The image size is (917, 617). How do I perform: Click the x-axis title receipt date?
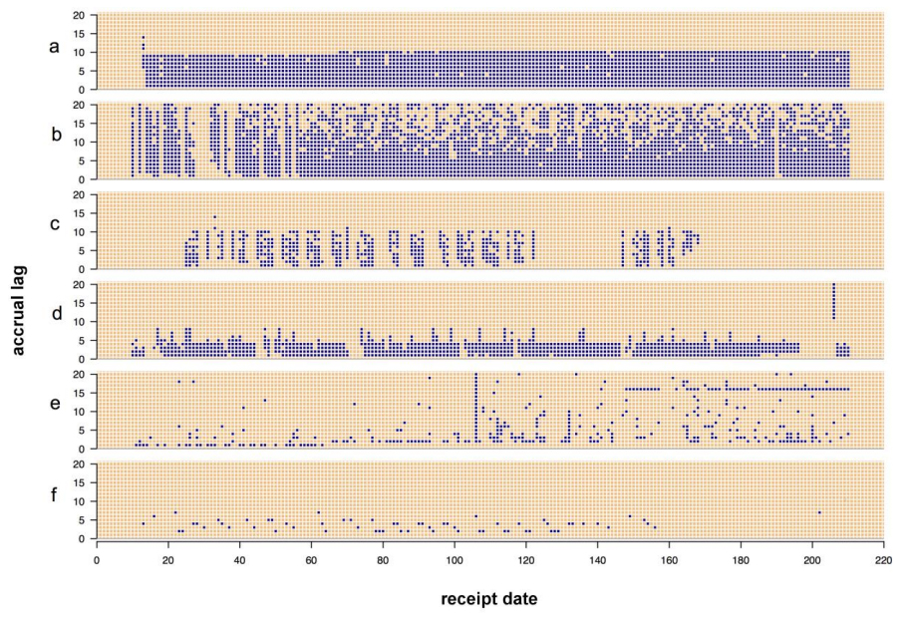pyautogui.click(x=489, y=599)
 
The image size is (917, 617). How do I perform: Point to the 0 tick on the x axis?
pyautogui.click(x=97, y=558)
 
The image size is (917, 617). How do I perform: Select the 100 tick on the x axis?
pyautogui.click(x=455, y=558)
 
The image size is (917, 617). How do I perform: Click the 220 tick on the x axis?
pyautogui.click(x=884, y=558)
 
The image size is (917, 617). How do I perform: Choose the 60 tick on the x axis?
pyautogui.click(x=311, y=558)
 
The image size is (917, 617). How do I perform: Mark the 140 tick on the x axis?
pyautogui.click(x=598, y=558)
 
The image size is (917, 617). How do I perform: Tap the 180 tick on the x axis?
pyautogui.click(x=741, y=558)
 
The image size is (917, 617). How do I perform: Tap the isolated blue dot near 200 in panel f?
pyautogui.click(x=819, y=512)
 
